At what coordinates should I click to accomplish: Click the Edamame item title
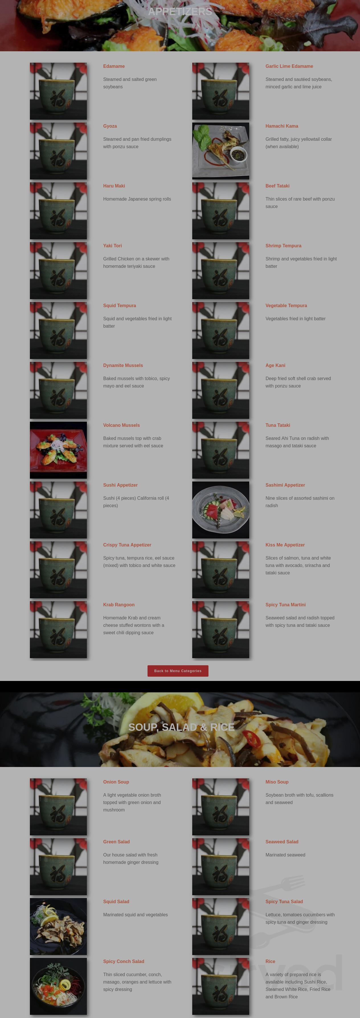114,66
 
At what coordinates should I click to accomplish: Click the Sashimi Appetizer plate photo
220,509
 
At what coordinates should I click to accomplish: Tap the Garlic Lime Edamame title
289,66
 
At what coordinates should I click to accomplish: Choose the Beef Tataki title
277,186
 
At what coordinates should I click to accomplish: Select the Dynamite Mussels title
123,365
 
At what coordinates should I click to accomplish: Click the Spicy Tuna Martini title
285,605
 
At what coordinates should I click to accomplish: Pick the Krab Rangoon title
118,605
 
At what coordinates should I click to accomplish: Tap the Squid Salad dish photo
58,926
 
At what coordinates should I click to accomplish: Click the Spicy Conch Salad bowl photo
58,986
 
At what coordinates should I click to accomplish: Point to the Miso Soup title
277,782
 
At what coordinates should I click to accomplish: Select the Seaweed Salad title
282,842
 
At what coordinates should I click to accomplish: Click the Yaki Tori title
112,245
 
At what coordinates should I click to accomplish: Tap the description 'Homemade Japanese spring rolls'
137,199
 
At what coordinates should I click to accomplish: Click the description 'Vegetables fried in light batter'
295,319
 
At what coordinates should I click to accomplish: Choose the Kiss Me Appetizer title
285,545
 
